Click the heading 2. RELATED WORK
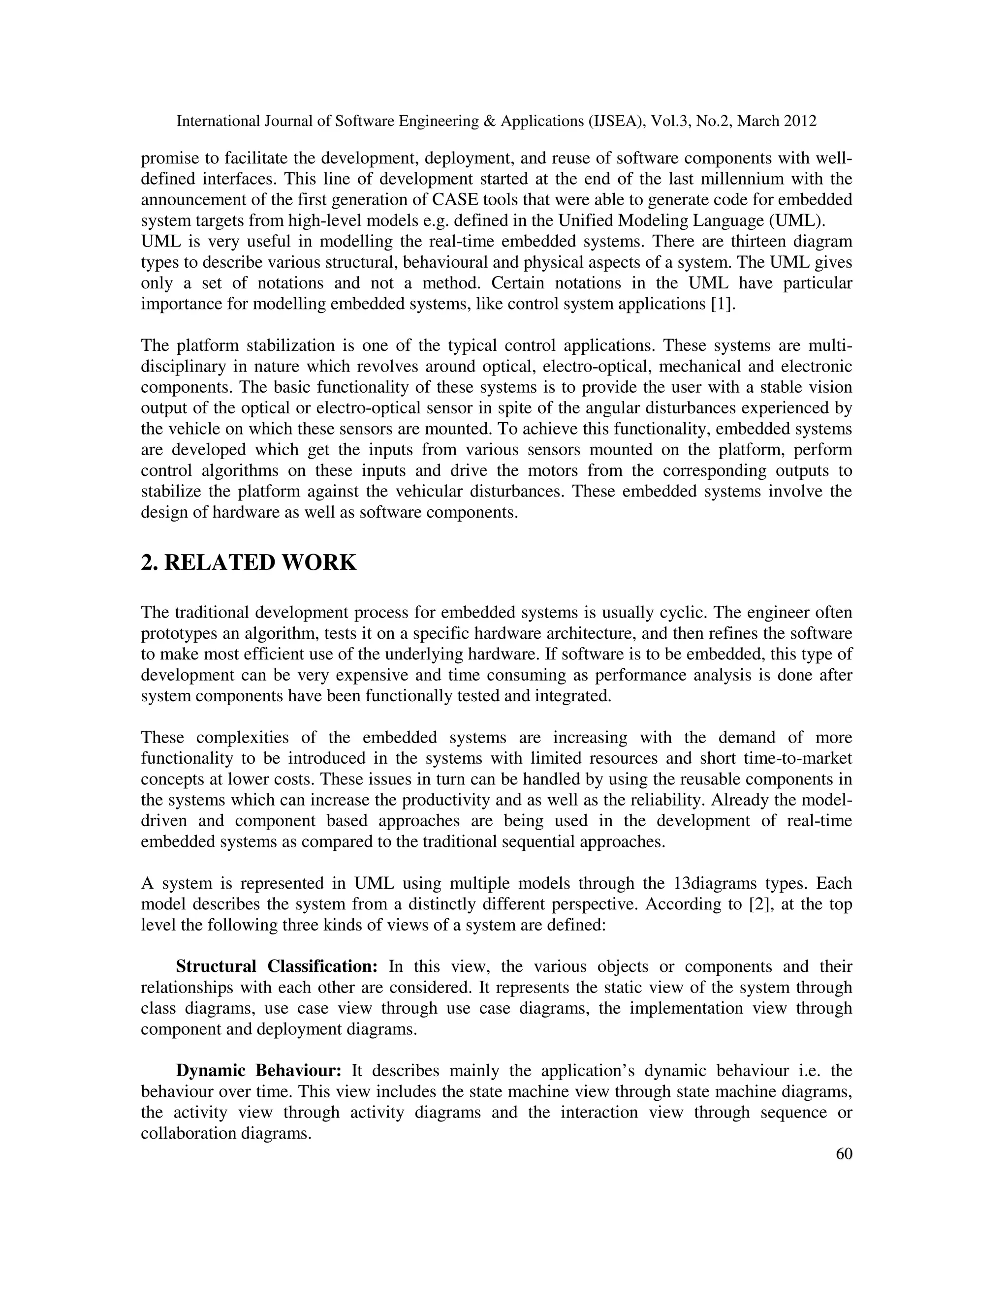click(x=249, y=563)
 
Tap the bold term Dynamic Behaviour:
click(x=258, y=1071)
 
